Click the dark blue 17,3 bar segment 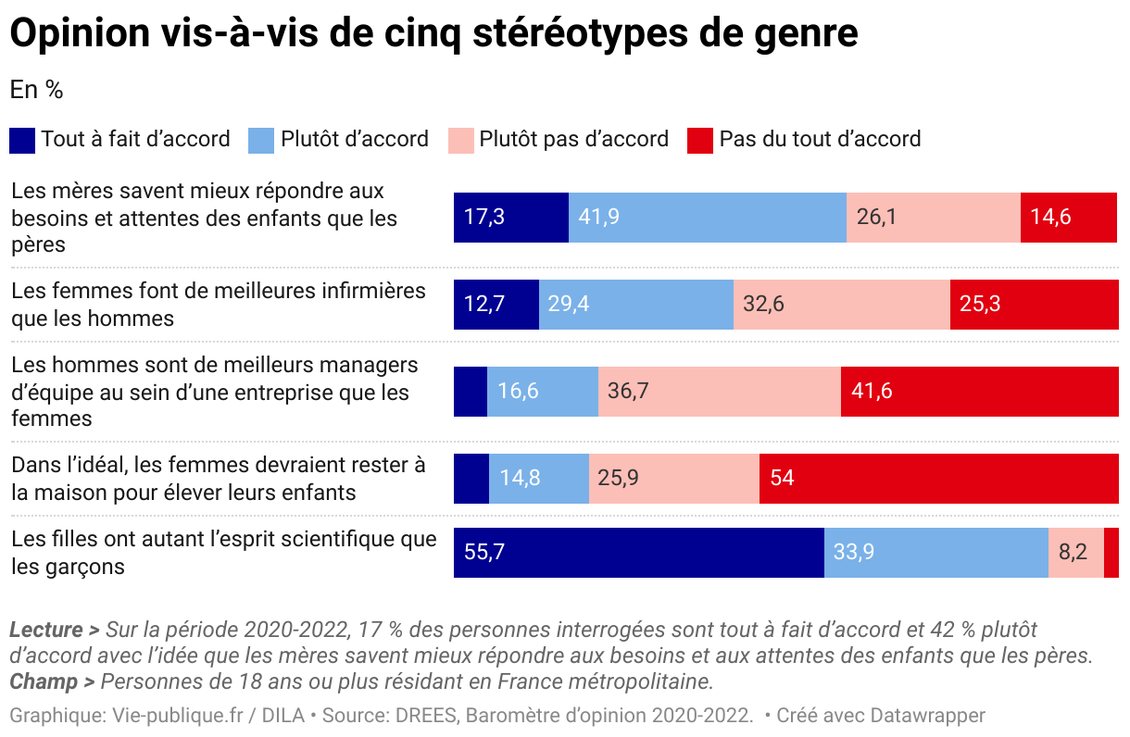[510, 218]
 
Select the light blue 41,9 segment [707, 218]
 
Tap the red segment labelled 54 [938, 478]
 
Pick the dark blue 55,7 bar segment [638, 553]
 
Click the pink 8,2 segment [1075, 553]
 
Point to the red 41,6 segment [979, 391]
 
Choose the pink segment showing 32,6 [841, 304]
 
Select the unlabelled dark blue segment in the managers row [470, 391]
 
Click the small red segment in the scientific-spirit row [1111, 553]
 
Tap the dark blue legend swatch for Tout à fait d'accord [22, 140]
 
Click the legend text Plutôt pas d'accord [573, 139]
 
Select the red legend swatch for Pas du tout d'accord [700, 140]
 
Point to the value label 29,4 [569, 304]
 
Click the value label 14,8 [520, 478]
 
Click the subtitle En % [36, 90]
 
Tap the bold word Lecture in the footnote [47, 631]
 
